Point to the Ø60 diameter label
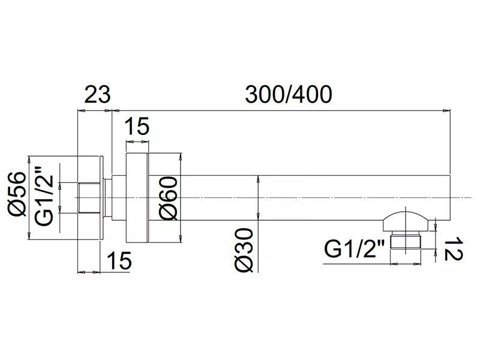click(169, 198)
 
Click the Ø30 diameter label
click(244, 250)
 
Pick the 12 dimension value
click(453, 248)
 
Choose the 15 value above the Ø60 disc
click(137, 126)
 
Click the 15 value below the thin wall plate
click(119, 260)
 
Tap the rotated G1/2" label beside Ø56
click(44, 196)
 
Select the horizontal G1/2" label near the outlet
click(354, 249)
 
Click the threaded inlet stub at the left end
click(89, 198)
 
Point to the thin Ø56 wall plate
click(102, 198)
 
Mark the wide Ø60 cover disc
click(137, 198)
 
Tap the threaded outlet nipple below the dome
click(406, 241)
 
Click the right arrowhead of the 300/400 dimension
click(447, 110)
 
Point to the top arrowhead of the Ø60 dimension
click(181, 156)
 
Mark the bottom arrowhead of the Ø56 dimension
click(29, 236)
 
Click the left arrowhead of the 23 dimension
click(82, 110)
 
